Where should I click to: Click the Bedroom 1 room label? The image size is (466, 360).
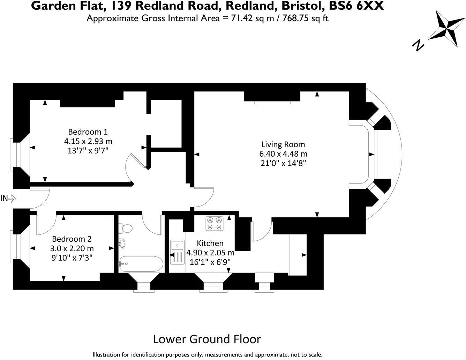pos(88,132)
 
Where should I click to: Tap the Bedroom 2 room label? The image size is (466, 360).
pos(72,239)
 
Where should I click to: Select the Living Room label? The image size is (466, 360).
pos(283,144)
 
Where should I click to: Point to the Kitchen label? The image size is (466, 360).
pos(210,243)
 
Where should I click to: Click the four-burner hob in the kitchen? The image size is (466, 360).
pos(215,223)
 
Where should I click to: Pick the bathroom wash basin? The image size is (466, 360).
pos(122,243)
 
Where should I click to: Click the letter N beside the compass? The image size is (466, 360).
pos(418,45)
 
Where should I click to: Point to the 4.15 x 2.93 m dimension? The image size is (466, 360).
pos(88,141)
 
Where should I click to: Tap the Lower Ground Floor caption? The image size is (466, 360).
pos(207,339)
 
